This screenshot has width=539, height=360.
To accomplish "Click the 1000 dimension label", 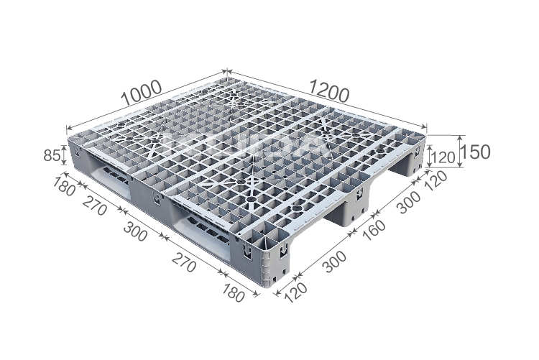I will (140, 92).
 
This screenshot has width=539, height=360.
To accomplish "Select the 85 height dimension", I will (50, 154).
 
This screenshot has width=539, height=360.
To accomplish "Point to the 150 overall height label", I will (475, 152).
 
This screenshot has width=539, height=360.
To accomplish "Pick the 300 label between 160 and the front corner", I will (334, 262).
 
